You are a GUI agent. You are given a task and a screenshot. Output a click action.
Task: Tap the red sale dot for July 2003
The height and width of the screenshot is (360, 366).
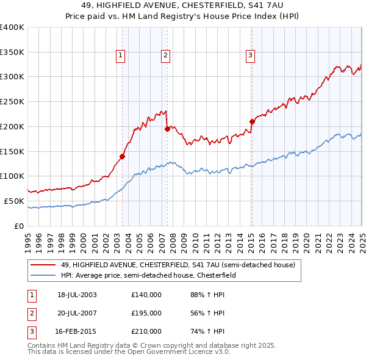122,156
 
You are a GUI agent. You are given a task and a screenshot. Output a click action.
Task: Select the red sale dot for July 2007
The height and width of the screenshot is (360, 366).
167,129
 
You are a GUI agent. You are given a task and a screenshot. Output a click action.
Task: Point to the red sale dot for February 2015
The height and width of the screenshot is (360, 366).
252,121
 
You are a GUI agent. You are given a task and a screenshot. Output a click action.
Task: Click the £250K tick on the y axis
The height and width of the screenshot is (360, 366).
12,102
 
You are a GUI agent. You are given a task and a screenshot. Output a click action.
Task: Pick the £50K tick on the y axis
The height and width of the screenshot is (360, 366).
14,201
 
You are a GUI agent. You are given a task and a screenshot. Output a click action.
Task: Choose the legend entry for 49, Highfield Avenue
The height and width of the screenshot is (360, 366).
178,265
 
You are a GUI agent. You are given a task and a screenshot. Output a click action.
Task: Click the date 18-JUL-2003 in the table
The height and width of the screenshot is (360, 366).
77,295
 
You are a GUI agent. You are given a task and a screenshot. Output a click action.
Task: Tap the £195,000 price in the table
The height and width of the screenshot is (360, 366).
146,313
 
